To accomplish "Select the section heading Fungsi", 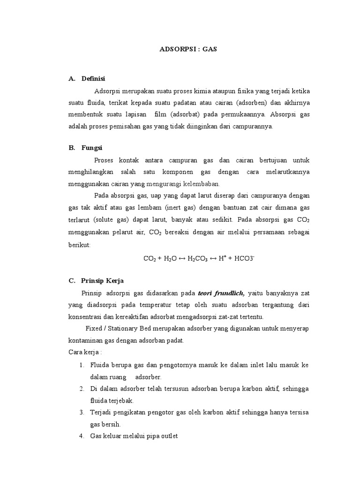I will (x=92, y=148).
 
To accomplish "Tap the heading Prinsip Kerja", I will (x=102, y=281).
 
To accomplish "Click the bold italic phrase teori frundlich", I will (x=221, y=293).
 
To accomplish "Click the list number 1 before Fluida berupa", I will (x=81, y=365).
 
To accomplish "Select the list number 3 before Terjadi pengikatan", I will (x=81, y=412).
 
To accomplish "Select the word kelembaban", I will (x=203, y=183).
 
